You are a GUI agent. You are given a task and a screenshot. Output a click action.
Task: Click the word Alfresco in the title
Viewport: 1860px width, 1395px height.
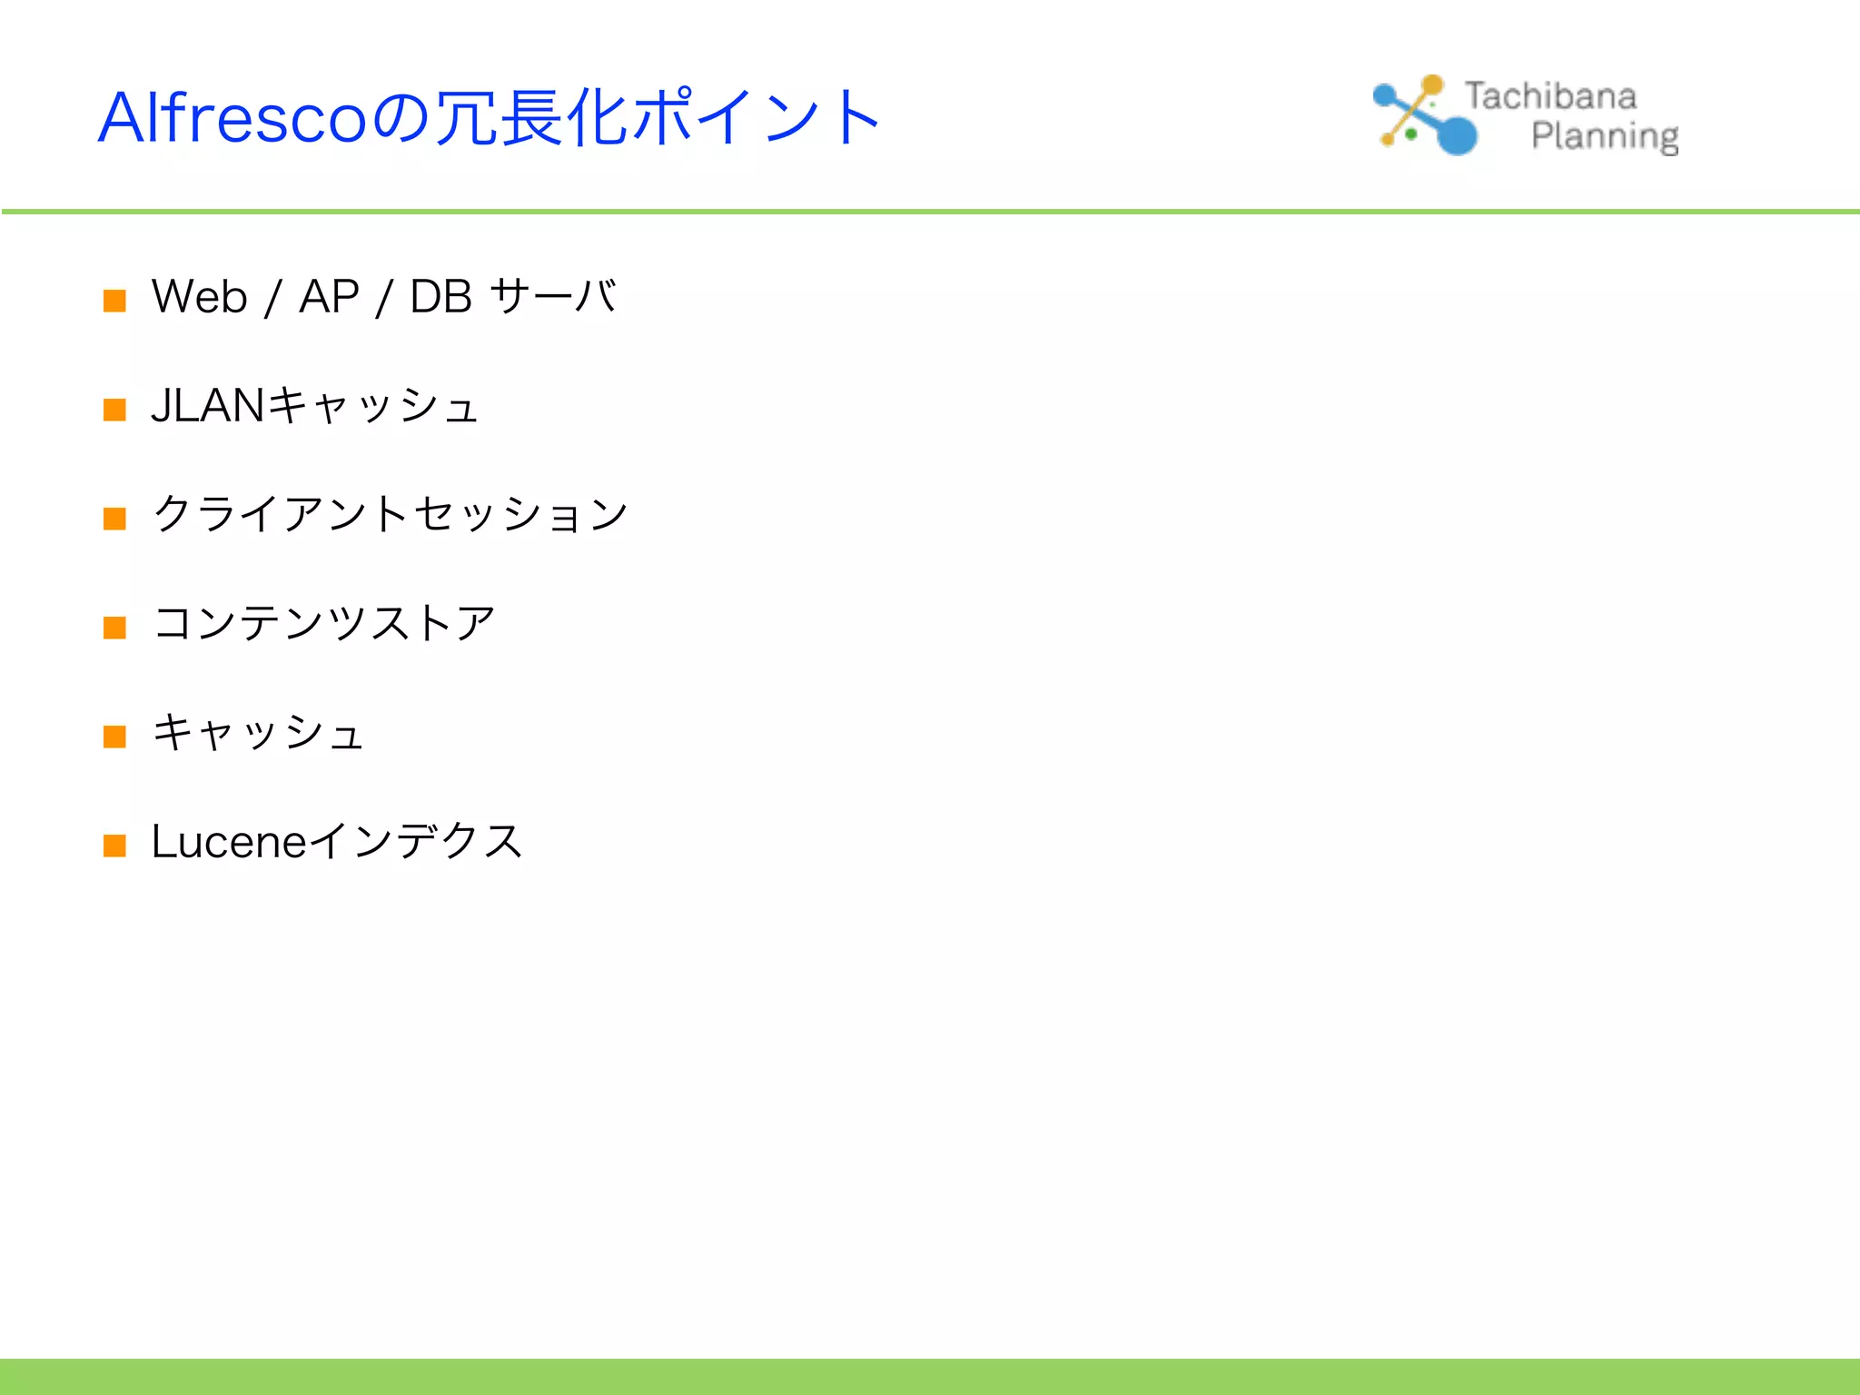pos(232,118)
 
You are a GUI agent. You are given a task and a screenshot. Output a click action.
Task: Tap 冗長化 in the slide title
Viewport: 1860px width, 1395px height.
pos(531,118)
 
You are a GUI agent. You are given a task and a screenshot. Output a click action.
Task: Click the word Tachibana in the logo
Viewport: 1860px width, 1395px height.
pos(1550,96)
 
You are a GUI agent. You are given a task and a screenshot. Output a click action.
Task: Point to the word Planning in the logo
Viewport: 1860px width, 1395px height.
pos(1604,136)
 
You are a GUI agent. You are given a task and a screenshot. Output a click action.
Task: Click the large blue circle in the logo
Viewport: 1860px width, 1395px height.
pos(1458,135)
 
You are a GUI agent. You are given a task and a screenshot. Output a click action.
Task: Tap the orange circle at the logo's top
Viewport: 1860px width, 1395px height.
pos(1432,85)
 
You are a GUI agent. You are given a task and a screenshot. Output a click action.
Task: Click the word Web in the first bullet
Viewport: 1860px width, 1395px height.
pos(199,297)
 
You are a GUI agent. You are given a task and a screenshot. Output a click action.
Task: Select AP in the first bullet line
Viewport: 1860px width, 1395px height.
pos(329,297)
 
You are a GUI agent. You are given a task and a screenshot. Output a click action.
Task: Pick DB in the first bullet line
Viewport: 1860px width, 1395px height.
pos(440,297)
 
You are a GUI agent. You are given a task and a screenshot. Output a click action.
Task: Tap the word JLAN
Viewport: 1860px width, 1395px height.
pos(208,406)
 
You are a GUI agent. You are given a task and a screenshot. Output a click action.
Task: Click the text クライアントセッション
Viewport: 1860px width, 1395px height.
pos(391,515)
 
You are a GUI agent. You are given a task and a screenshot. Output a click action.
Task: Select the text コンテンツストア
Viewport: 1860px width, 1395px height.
pos(324,624)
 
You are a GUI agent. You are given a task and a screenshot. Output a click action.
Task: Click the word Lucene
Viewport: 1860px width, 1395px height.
pos(229,842)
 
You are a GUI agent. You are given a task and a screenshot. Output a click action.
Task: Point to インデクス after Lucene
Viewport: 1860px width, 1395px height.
pos(416,841)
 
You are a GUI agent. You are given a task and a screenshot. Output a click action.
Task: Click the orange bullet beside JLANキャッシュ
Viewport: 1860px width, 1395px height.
pos(114,410)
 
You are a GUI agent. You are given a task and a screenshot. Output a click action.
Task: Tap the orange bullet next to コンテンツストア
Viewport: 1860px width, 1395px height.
pos(114,628)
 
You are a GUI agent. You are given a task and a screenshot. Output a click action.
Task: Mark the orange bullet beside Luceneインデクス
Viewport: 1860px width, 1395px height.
pos(114,846)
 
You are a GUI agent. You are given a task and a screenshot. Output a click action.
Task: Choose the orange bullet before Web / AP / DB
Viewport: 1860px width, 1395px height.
pos(114,301)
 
